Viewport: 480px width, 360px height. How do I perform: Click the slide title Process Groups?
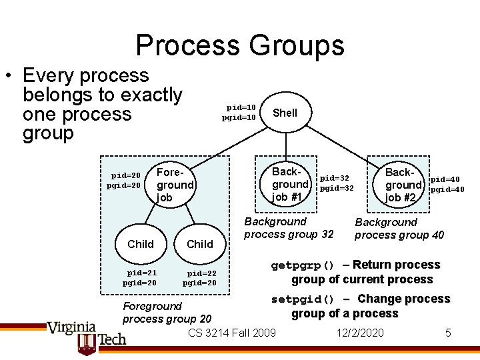(240, 45)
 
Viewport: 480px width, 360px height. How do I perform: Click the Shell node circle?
(285, 113)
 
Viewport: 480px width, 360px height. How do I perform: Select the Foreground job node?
(174, 185)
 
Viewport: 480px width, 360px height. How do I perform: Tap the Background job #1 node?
(290, 184)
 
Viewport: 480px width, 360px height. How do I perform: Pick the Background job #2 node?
(404, 185)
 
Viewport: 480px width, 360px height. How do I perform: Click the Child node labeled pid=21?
(140, 244)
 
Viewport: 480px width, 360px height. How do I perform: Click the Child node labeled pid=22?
(200, 244)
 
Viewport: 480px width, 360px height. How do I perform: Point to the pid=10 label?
(241, 107)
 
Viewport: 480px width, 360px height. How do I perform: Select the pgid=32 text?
(337, 189)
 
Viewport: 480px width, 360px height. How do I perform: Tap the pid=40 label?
(447, 179)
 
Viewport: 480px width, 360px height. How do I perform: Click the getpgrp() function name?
(303, 265)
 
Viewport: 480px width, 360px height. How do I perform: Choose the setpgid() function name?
(303, 299)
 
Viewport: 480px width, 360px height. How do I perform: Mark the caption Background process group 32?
(289, 228)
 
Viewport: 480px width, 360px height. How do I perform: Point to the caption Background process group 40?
(399, 229)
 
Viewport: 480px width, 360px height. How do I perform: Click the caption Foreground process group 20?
(167, 312)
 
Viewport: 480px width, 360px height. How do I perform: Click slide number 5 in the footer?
(449, 332)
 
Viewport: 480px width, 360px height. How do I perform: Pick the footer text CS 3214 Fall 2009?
(232, 332)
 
